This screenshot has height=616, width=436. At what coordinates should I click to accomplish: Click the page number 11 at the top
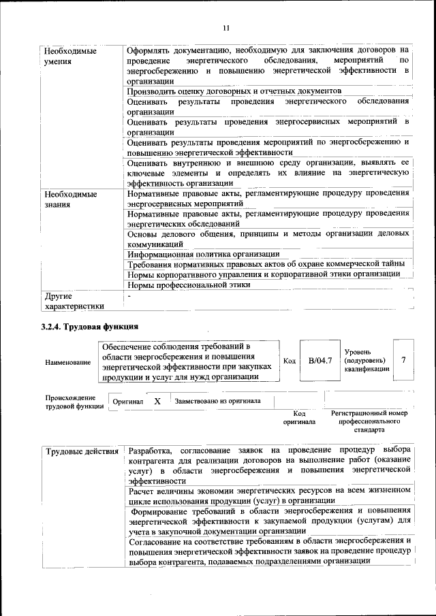tap(225, 27)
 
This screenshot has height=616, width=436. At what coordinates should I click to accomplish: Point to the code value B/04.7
tap(320, 360)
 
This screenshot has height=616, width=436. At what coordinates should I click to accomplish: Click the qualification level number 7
tap(405, 360)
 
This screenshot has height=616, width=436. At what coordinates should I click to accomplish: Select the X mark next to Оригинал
tap(157, 402)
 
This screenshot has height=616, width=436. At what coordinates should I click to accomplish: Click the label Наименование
tap(68, 362)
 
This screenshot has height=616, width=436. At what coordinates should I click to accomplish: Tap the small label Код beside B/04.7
tap(288, 361)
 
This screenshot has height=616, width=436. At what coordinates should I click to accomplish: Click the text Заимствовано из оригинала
tap(217, 401)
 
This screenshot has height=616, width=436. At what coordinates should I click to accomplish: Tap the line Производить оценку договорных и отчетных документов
tap(234, 91)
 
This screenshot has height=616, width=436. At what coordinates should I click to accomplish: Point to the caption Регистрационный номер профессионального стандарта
tap(369, 421)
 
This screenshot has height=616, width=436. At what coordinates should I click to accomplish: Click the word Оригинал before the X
tap(127, 402)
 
